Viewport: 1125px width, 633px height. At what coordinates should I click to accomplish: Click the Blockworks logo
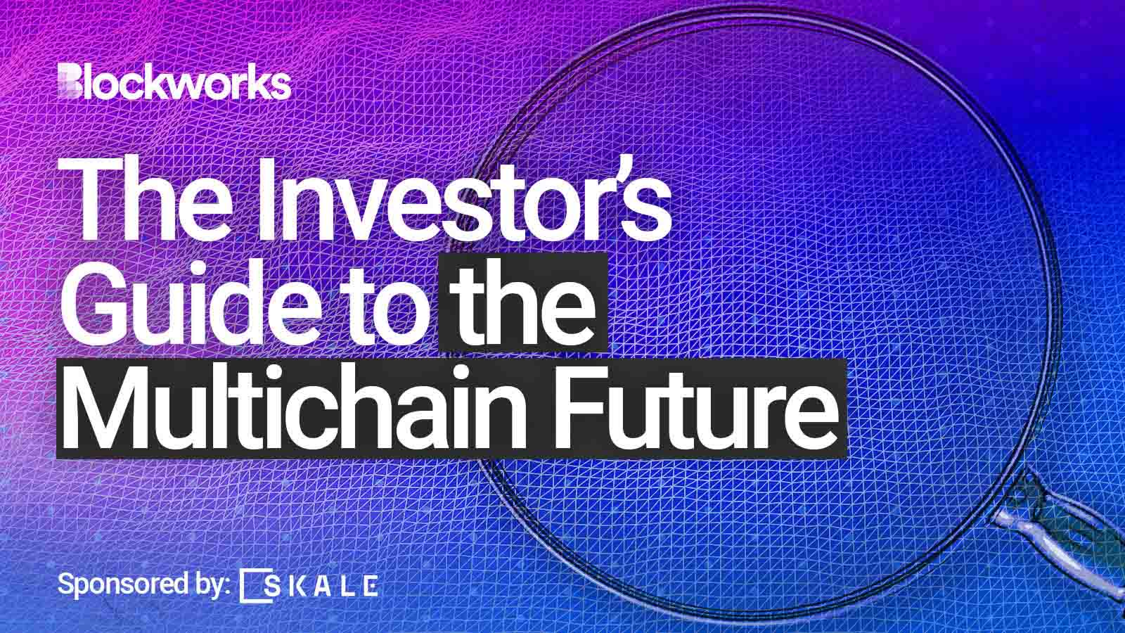pos(174,82)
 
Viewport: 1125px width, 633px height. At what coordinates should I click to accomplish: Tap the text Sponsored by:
pos(144,585)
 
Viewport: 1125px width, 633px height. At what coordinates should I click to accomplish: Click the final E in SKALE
pos(371,585)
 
